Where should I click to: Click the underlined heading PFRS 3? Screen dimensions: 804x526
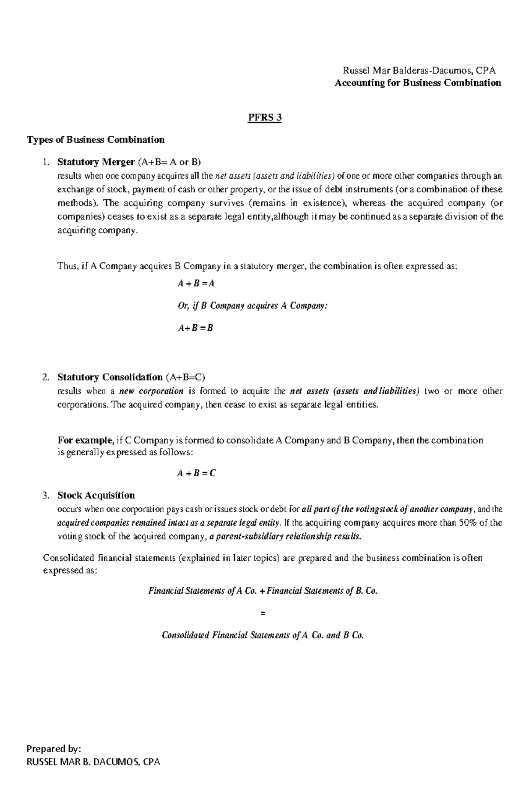click(263, 117)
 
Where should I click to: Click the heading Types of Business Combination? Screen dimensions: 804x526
click(96, 140)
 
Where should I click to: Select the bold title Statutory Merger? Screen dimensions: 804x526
click(96, 162)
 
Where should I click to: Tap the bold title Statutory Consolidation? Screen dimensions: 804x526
click(110, 377)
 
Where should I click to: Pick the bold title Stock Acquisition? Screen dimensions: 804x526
click(96, 496)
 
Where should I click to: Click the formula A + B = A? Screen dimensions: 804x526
click(195, 283)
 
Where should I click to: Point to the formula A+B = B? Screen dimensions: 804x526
click(195, 328)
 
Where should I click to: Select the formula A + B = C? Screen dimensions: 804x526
click(196, 473)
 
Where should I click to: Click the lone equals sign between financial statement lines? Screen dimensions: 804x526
click(263, 613)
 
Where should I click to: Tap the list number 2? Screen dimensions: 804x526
click(45, 377)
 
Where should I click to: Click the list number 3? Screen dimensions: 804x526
click(45, 496)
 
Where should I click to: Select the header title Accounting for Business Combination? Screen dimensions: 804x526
click(417, 83)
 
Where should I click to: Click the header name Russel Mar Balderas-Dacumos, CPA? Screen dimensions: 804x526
click(419, 71)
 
